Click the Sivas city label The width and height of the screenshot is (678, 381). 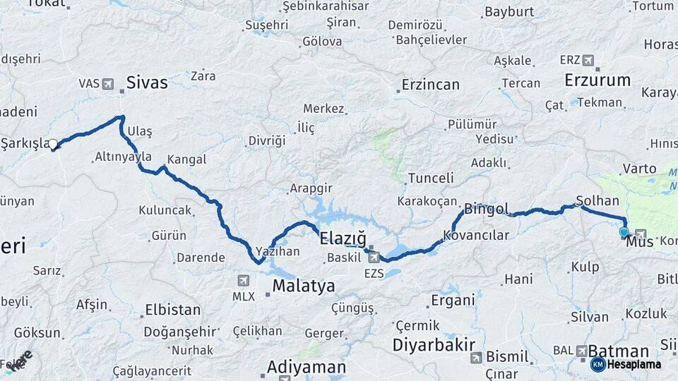pos(147,83)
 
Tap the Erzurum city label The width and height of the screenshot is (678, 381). pos(597,80)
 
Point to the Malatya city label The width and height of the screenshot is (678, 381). pos(304,286)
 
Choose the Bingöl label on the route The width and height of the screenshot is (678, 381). pos(487,209)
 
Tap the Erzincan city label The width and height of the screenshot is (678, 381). pos(430,85)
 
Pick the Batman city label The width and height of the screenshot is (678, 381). pos(619,351)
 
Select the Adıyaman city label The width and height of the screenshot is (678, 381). pos(307,368)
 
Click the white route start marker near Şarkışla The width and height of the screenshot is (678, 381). pos(53,145)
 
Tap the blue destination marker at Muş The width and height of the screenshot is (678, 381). pos(624,232)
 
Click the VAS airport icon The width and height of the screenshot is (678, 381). pos(108,84)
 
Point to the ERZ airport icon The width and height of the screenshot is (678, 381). pos(588,61)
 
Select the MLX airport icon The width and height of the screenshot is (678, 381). pos(244,280)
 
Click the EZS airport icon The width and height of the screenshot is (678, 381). pos(374,258)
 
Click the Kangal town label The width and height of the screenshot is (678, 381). pos(187,159)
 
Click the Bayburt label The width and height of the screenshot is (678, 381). pos(509,12)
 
